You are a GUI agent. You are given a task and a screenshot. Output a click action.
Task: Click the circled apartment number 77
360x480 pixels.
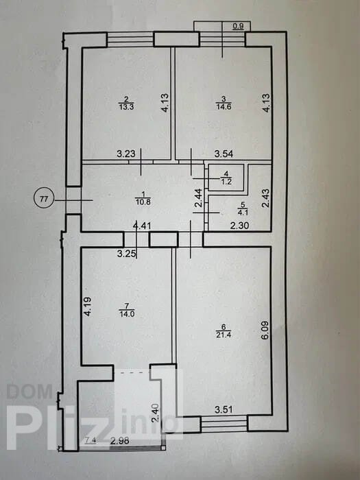44,199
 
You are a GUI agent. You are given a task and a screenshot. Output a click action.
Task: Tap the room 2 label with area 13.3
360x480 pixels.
126,103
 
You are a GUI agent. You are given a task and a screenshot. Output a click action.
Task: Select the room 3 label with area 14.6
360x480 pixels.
224,103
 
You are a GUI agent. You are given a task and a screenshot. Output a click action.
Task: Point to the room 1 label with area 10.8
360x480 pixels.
143,197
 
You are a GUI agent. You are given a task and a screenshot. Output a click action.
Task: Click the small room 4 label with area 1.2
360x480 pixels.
226,178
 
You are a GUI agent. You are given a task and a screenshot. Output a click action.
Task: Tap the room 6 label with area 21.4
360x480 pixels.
224,331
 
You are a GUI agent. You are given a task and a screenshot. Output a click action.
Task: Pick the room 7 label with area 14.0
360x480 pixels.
127,310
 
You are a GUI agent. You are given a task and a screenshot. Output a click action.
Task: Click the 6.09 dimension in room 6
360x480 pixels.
265,330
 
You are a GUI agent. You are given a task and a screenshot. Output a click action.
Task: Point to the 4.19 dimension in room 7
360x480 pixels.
88,307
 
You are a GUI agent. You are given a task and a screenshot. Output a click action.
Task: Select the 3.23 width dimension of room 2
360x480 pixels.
126,154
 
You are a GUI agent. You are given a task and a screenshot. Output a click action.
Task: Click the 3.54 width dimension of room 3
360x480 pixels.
224,154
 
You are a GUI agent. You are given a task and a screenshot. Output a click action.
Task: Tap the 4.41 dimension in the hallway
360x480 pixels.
143,226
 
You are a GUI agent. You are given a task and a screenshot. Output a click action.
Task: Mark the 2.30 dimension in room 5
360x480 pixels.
240,226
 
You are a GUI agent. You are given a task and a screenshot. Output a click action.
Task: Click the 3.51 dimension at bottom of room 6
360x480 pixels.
224,409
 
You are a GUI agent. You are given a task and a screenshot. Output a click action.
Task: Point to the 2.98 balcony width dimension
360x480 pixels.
120,441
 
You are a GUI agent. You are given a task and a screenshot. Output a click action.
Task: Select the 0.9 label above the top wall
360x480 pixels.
238,26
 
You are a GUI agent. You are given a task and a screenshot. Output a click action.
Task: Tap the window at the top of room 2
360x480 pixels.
130,40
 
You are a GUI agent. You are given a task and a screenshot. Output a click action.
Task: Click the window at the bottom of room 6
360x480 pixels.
224,423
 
